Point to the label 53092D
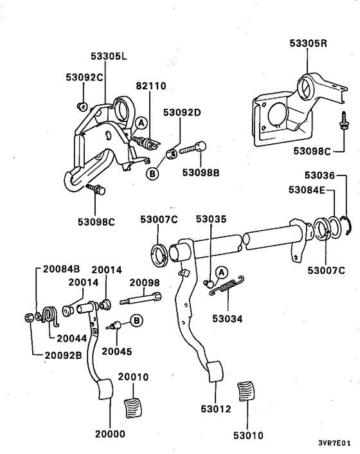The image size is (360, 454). tap(182, 113)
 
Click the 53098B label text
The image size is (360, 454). tap(201, 172)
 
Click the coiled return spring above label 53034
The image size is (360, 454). tap(229, 287)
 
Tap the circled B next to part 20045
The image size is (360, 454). tap(136, 320)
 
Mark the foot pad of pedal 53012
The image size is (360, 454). tap(213, 374)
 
